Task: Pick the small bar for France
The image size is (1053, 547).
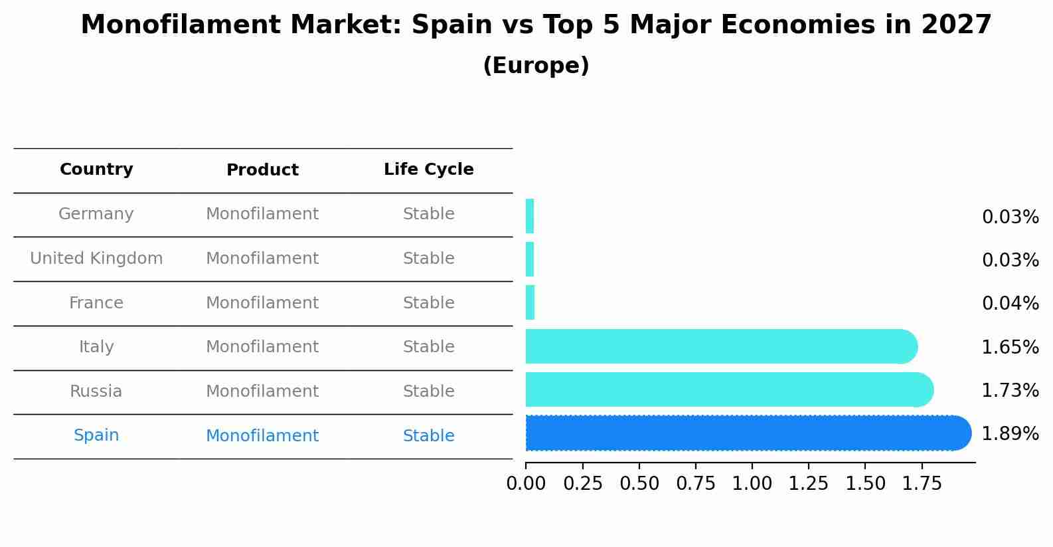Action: click(530, 303)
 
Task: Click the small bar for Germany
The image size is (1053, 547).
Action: click(530, 217)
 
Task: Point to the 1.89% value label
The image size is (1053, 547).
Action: click(1010, 434)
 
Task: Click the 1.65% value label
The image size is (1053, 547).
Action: click(1010, 348)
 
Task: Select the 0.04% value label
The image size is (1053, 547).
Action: click(1010, 304)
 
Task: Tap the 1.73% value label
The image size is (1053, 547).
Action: click(1010, 391)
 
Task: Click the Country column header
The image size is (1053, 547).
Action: click(96, 169)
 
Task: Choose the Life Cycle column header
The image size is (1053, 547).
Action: click(428, 169)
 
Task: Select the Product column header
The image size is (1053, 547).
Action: click(262, 170)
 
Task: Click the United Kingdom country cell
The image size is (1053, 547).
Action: click(96, 259)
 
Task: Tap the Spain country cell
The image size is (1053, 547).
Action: click(96, 435)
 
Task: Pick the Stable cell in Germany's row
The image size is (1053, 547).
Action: click(428, 214)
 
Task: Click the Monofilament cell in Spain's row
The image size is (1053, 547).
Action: click(262, 436)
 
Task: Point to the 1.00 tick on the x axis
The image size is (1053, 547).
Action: click(752, 484)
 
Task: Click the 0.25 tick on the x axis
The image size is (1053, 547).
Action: click(583, 484)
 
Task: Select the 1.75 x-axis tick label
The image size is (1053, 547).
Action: click(922, 484)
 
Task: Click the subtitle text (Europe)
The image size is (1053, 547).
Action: click(536, 66)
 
